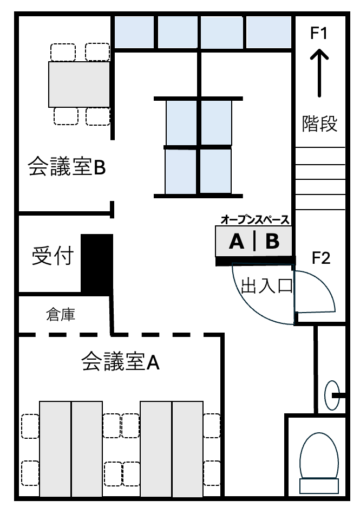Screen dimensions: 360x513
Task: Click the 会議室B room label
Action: (67, 166)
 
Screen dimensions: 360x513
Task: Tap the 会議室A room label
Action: (120, 361)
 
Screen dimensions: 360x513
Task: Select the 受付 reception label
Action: (53, 255)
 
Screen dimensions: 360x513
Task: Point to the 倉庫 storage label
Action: (61, 314)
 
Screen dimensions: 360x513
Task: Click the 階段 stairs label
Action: (319, 124)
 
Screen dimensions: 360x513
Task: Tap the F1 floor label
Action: (318, 33)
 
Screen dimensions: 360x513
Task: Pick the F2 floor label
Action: (321, 258)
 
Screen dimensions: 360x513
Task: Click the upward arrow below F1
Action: (319, 73)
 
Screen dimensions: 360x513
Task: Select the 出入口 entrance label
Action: (266, 286)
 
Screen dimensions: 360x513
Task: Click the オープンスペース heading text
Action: (255, 220)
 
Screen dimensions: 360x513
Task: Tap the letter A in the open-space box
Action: (237, 242)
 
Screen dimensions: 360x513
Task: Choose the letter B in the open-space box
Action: (272, 242)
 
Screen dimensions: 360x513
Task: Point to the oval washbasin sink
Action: (332, 395)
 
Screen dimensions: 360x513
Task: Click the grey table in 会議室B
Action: (79, 84)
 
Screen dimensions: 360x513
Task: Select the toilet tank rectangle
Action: (319, 486)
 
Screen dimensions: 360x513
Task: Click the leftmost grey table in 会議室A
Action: (55, 449)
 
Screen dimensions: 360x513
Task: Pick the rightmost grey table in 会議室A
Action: (188, 449)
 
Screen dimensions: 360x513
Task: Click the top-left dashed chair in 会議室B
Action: (63, 52)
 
